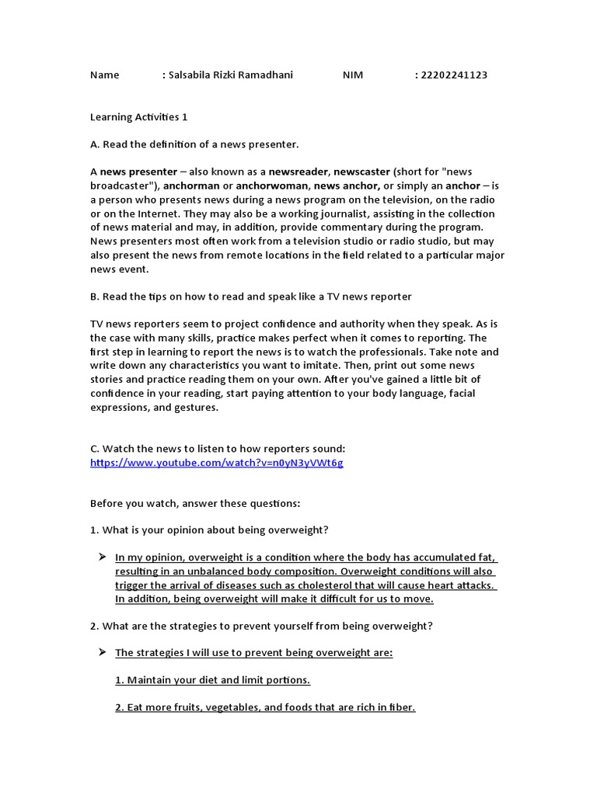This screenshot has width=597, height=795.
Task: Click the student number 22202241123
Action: [x=453, y=75]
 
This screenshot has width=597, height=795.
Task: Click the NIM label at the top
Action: [x=352, y=75]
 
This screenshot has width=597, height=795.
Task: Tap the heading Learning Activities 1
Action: [x=139, y=117]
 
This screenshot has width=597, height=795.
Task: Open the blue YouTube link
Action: [x=217, y=463]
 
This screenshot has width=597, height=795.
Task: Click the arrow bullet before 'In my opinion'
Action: [x=102, y=557]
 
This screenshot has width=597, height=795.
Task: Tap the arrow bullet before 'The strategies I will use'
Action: [x=102, y=652]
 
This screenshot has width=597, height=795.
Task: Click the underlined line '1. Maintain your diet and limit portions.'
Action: [x=213, y=680]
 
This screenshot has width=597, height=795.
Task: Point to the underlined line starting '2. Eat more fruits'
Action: [x=265, y=708]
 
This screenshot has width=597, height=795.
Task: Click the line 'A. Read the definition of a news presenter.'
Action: [x=194, y=144]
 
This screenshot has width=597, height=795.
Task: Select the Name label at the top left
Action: [x=105, y=75]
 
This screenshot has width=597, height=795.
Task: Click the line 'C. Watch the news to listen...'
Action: [x=218, y=449]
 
